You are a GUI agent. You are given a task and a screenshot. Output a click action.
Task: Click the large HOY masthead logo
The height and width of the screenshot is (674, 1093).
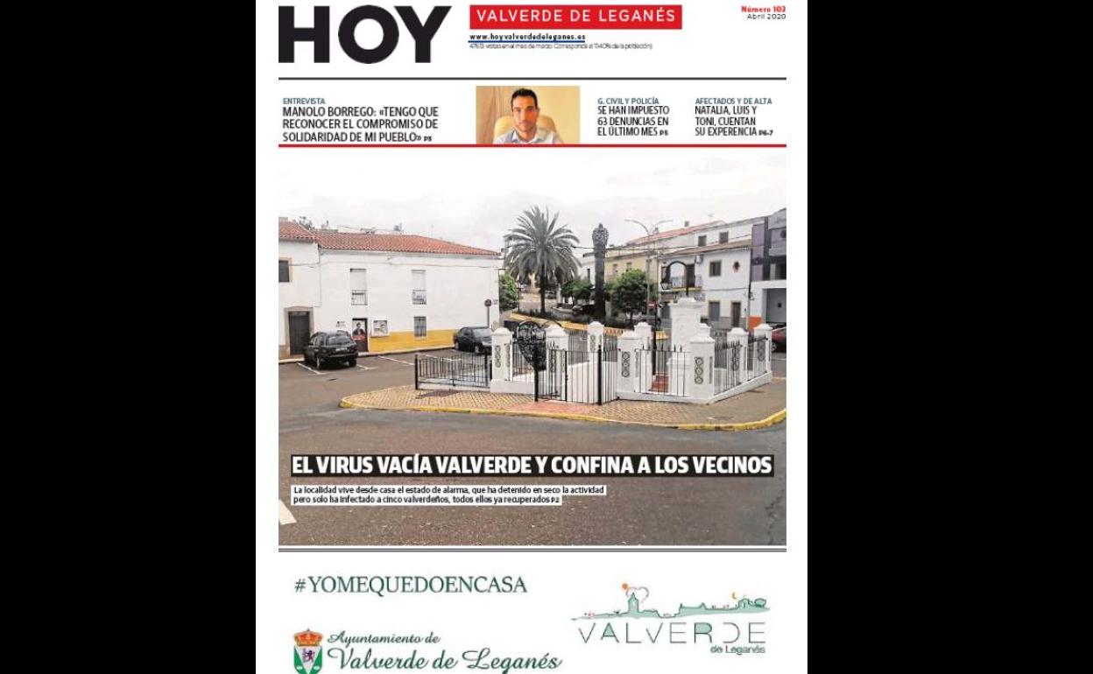[x=364, y=35]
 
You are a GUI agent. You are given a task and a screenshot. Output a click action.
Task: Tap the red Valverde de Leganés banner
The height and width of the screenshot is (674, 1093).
[x=575, y=16]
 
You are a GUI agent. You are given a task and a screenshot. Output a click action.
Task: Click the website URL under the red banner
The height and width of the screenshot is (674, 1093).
[x=526, y=37]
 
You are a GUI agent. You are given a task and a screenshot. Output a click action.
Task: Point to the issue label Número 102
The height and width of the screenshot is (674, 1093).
[x=763, y=9]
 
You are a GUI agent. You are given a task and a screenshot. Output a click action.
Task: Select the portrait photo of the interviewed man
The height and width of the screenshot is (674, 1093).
[x=527, y=115]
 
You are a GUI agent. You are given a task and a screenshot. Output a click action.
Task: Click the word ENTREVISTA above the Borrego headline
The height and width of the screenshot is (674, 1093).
[x=304, y=101]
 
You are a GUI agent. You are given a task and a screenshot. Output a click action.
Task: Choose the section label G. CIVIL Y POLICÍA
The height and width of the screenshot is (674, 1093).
[x=628, y=101]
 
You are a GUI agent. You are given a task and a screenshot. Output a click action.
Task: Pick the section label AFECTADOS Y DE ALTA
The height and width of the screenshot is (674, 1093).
[x=733, y=101]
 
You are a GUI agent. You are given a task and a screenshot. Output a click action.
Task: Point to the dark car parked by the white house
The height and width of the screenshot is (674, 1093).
[x=330, y=348]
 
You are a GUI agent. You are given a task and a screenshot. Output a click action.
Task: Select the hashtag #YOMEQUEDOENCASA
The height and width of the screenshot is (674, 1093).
[x=410, y=586]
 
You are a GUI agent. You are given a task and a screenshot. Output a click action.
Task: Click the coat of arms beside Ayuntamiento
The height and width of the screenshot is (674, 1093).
[x=307, y=650]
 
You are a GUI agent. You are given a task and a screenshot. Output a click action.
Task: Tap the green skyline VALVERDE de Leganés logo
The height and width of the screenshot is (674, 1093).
[x=672, y=621]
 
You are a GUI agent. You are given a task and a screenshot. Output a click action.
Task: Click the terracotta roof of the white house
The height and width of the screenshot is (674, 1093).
[x=385, y=242]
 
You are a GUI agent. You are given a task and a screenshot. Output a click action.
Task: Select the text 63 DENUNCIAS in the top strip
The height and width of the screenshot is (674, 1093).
[x=632, y=122]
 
